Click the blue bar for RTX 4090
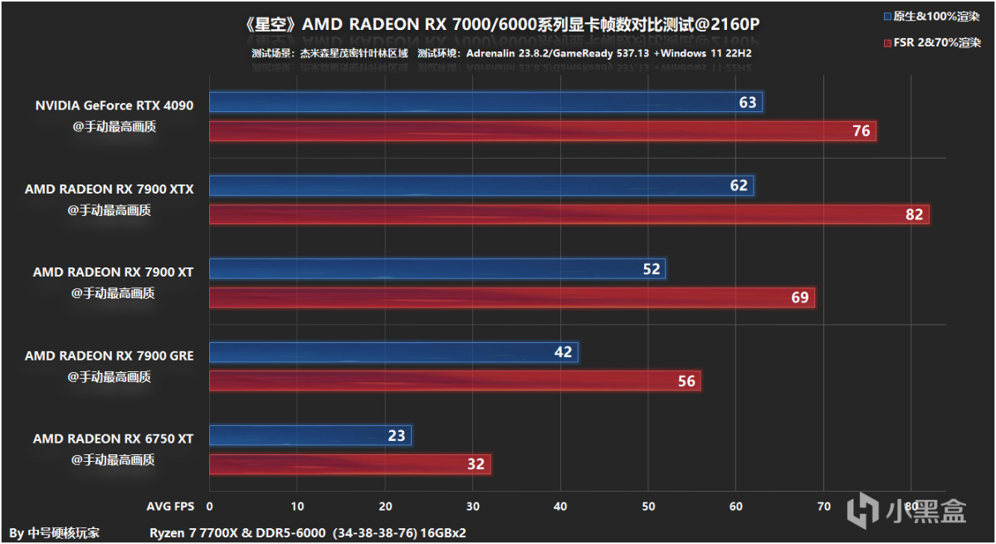[x=486, y=102]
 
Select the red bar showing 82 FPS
[x=569, y=214]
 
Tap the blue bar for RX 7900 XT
[x=437, y=268]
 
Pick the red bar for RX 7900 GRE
[x=454, y=380]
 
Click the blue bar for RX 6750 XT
[x=310, y=435]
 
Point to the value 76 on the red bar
[x=861, y=131]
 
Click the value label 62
[x=739, y=185]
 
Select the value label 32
[x=476, y=464]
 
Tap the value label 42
[x=563, y=352]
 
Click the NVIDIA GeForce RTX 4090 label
[x=114, y=105]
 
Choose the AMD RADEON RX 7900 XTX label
[x=109, y=189]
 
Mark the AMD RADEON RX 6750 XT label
[x=113, y=439]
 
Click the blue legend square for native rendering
[x=888, y=17]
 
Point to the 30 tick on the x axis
[x=473, y=506]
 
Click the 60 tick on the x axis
[x=735, y=506]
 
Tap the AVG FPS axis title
[x=171, y=506]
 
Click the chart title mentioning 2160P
[x=502, y=24]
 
